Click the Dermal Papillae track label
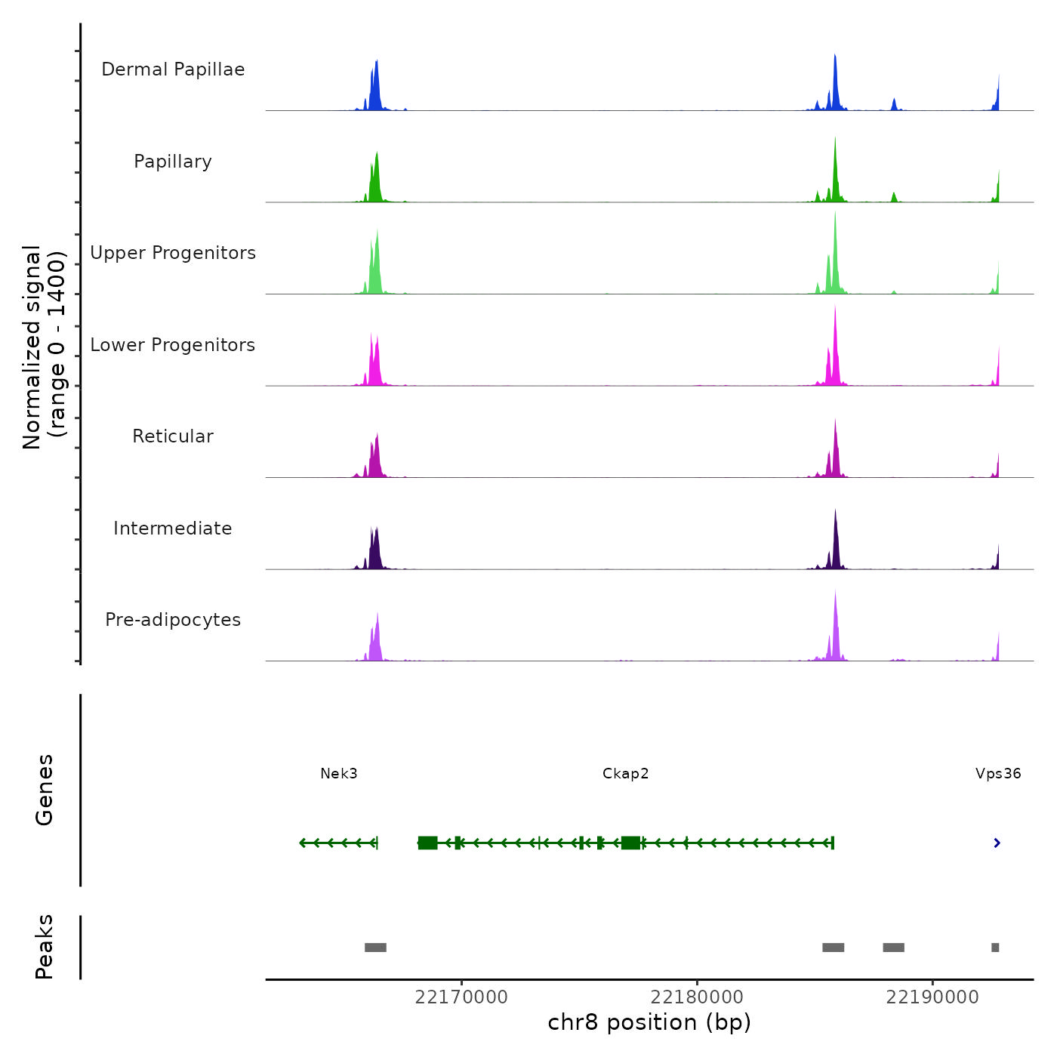tap(173, 69)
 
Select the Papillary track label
tap(173, 162)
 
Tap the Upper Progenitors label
tap(173, 253)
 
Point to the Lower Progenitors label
tap(173, 345)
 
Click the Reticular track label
tap(173, 436)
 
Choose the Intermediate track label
tap(173, 528)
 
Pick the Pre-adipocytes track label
tap(173, 620)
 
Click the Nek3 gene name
tap(339, 774)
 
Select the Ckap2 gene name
tap(626, 774)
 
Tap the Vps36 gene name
tap(998, 774)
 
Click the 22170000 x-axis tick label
tap(461, 997)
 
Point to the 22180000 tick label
tap(697, 997)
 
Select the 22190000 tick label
tap(932, 997)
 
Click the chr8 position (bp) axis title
tap(649, 1023)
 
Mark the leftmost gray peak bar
tap(375, 948)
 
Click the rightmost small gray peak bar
tap(995, 948)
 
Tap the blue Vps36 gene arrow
tap(997, 843)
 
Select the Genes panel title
tap(45, 790)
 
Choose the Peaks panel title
tap(45, 947)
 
